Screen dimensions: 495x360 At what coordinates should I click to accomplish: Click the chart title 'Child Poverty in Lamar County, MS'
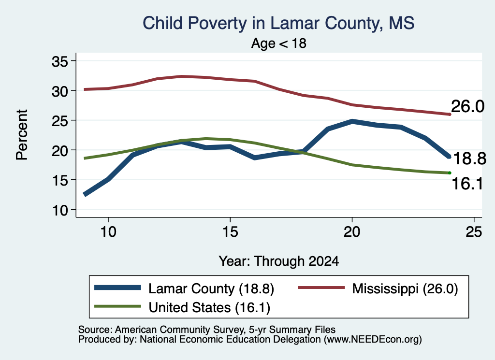pos(278,23)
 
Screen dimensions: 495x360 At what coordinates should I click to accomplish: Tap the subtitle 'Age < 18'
pos(279,43)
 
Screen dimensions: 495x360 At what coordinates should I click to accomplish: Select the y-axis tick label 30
pos(60,91)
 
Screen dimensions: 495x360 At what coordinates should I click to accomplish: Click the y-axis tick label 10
pos(60,210)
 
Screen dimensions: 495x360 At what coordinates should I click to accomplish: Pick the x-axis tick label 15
pos(230,232)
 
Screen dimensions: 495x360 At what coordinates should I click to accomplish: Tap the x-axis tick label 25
pos(474,232)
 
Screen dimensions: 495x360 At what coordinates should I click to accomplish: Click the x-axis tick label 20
pos(352,232)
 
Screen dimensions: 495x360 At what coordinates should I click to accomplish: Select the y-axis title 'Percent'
pos(22,135)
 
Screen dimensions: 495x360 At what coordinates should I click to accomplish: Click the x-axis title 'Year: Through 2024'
pos(279,261)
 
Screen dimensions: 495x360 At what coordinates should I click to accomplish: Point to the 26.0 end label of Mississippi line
pos(467,106)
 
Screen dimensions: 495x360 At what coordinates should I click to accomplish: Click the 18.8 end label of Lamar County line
pos(470,158)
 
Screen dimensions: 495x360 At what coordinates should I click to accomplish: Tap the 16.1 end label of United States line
pos(467,183)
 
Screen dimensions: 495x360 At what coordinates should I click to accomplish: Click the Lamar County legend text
pos(211,288)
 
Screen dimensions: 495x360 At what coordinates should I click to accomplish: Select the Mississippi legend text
pos(405,288)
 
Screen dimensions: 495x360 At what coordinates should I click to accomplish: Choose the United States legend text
pos(209,308)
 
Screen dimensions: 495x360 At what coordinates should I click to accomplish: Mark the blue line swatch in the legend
pos(117,288)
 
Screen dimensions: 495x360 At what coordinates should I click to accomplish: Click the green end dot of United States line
pos(450,173)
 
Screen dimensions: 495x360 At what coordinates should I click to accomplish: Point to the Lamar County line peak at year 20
pos(352,121)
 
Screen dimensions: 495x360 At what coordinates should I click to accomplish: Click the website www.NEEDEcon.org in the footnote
pos(373,340)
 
